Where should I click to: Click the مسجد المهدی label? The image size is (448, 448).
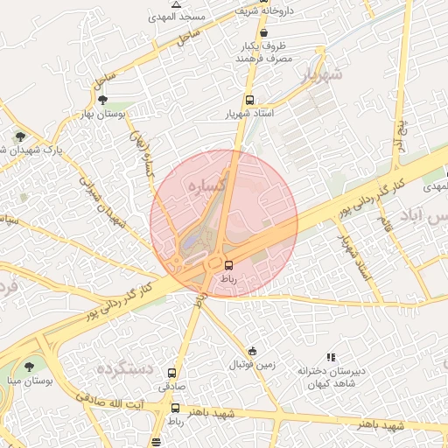pos(205,17)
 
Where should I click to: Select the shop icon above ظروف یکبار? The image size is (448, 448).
pos(263,33)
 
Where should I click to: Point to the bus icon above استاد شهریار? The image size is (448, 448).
pos(251,101)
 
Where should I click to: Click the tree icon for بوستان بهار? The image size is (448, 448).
pos(103,100)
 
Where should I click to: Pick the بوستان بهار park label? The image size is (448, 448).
pos(103,114)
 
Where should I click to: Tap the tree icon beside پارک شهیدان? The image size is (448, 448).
pos(19,136)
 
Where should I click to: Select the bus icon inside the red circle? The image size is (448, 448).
pos(229,264)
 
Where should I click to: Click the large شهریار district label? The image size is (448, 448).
pos(318,76)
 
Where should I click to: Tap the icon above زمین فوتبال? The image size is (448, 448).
pos(253,351)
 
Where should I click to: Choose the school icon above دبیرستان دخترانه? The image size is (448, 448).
pos(331,357)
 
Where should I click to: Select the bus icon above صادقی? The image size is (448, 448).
pos(171,373)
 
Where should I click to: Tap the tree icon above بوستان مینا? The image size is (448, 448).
pos(29,367)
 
